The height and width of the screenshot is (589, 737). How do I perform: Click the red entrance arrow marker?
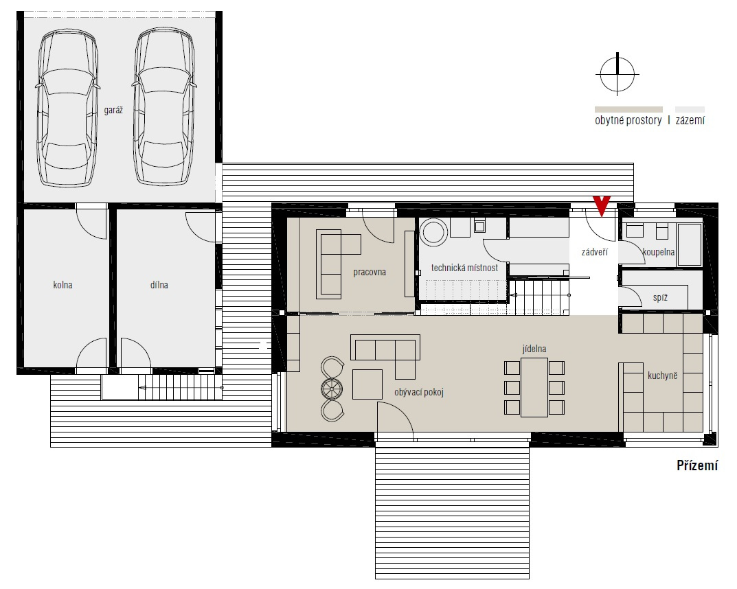coord(602,205)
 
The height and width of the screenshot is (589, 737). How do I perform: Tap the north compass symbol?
coord(617,74)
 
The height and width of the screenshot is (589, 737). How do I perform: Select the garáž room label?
coord(113,111)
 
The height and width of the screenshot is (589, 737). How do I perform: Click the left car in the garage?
coord(68,108)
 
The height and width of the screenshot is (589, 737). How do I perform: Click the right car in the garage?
coord(164,106)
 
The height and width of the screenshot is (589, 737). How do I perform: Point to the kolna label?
coord(63,285)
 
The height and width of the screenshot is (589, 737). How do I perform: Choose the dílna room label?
coord(159,285)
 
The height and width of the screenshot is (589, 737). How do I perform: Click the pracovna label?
coord(370,272)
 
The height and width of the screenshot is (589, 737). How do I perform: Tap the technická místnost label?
coord(464,268)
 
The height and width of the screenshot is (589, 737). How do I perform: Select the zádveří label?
coord(595,252)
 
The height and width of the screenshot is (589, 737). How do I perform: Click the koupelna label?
coord(659,252)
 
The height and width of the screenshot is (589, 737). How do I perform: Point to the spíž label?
coord(660,298)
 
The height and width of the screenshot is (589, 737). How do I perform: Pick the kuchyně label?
coord(662,376)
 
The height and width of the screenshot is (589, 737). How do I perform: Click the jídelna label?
coord(534,349)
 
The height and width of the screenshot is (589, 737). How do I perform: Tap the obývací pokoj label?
coord(419,392)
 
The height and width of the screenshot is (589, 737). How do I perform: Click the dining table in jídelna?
coord(534,387)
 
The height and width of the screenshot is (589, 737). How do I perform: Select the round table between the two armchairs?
coord(332,389)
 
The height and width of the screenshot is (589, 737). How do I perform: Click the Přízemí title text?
coord(697,465)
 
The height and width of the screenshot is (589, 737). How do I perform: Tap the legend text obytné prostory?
coord(628,121)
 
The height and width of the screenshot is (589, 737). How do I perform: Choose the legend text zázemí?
coord(690,121)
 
